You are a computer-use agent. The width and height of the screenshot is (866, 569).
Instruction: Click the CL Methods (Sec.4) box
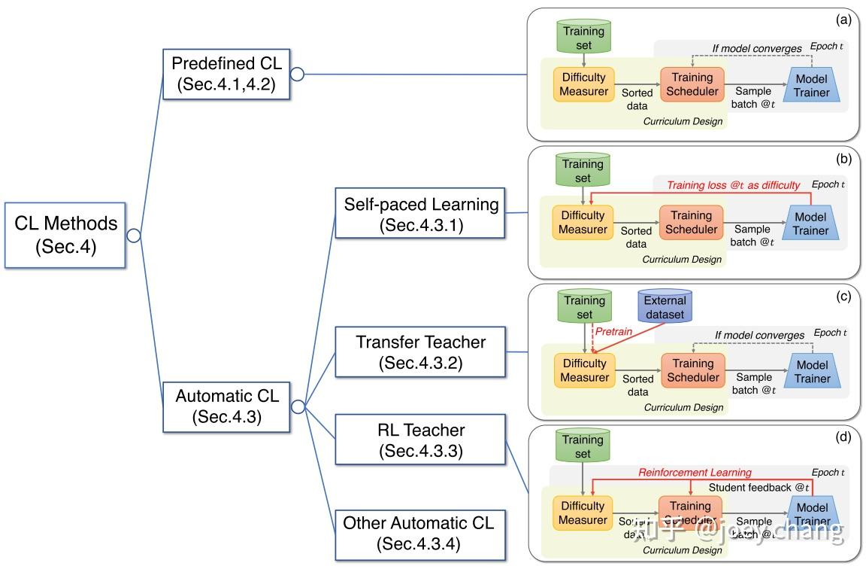click(65, 235)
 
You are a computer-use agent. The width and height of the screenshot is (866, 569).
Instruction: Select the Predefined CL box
click(226, 75)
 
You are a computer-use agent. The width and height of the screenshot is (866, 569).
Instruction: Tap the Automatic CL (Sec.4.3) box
click(226, 406)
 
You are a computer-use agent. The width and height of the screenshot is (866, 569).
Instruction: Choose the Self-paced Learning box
click(420, 214)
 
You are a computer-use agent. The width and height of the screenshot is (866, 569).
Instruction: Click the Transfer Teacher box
click(420, 351)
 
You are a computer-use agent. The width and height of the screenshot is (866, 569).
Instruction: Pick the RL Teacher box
click(420, 440)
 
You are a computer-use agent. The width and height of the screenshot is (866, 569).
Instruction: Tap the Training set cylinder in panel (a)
click(584, 36)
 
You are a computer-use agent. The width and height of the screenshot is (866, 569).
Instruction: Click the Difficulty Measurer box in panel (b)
click(583, 221)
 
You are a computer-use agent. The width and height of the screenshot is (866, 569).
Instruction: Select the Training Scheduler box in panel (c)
click(692, 370)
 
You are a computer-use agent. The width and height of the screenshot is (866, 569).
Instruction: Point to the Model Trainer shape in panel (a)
click(811, 86)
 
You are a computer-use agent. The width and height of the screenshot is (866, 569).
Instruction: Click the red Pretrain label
click(614, 330)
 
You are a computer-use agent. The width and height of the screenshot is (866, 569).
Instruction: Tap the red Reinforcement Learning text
click(695, 473)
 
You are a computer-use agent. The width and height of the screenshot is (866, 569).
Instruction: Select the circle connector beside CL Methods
click(134, 236)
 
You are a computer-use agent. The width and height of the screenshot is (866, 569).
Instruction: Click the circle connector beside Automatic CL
click(297, 406)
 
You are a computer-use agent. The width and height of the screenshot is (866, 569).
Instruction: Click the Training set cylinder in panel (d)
click(583, 446)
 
